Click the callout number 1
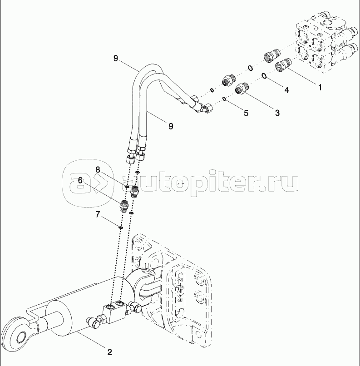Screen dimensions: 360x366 click(x=320, y=87)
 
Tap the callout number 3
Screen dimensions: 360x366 click(x=277, y=113)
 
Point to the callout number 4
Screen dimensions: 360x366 click(x=286, y=89)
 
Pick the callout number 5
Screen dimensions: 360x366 click(x=246, y=113)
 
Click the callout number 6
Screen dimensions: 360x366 click(x=80, y=180)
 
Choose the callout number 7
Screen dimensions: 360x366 click(x=98, y=214)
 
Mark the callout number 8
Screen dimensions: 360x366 click(x=98, y=170)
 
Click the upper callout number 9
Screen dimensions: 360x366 click(x=116, y=58)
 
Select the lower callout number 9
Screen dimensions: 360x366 click(x=171, y=126)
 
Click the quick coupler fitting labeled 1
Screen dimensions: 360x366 click(x=283, y=64)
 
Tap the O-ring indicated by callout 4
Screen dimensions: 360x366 click(x=264, y=76)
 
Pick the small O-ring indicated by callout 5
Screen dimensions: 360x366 click(x=224, y=99)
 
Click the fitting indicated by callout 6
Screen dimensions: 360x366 click(x=123, y=205)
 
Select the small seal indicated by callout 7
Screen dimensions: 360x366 click(x=121, y=228)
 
